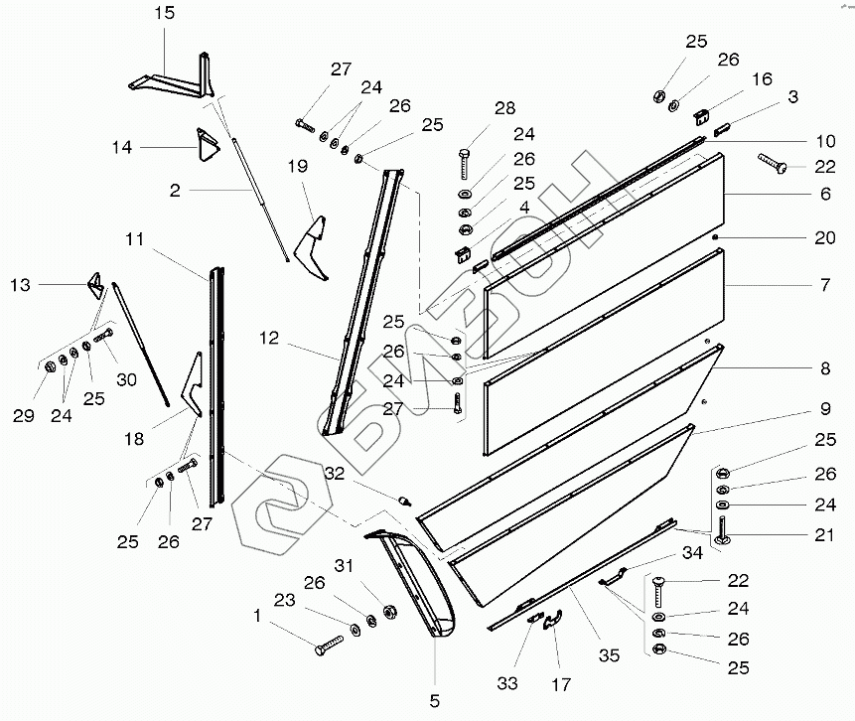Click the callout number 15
[164, 13]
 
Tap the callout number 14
[121, 147]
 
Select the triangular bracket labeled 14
[207, 145]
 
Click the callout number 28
[505, 107]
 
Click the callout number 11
[135, 239]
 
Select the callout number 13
[20, 285]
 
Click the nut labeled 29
[47, 369]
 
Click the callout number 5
[434, 701]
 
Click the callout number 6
[825, 195]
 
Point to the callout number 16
[762, 78]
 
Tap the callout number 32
[334, 474]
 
